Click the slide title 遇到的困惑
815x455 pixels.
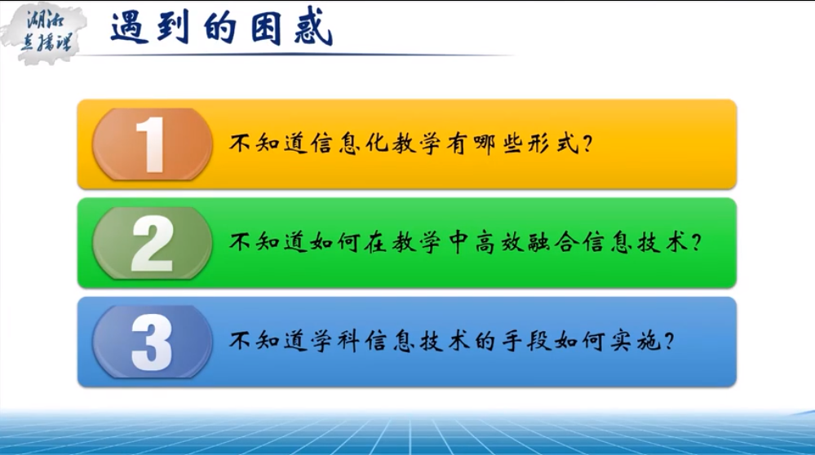221,28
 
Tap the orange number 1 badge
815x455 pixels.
153,144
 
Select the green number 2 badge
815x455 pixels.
153,243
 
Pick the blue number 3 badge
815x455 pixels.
153,342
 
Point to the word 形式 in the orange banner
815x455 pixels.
553,144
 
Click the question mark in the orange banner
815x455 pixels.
588,144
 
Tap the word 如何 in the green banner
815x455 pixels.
336,242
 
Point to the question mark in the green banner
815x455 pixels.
696,242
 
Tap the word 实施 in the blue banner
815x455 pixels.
634,341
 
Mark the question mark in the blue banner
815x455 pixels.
669,342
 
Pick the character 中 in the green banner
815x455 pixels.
458,242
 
